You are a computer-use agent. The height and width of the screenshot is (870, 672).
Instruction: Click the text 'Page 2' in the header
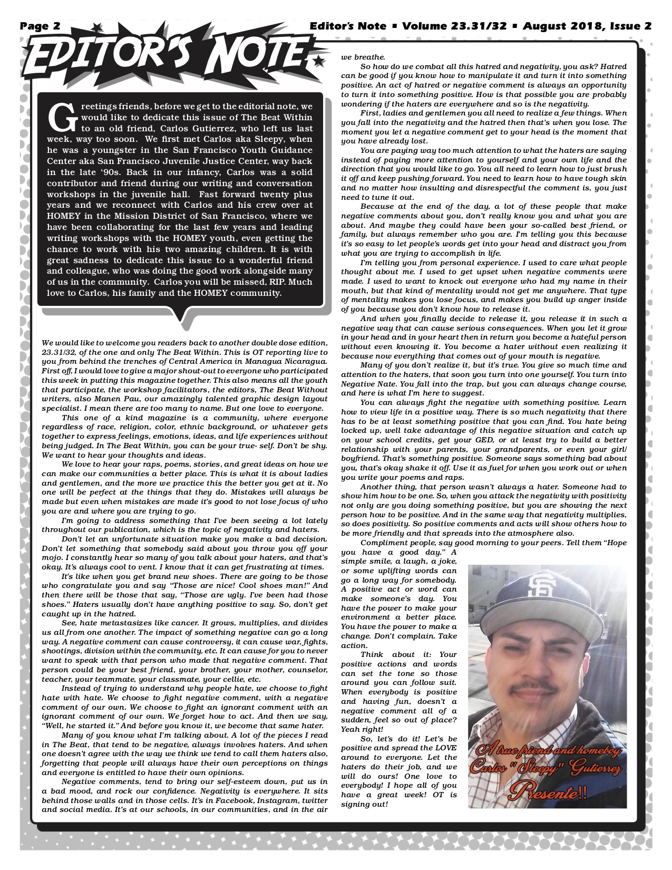(40, 26)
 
